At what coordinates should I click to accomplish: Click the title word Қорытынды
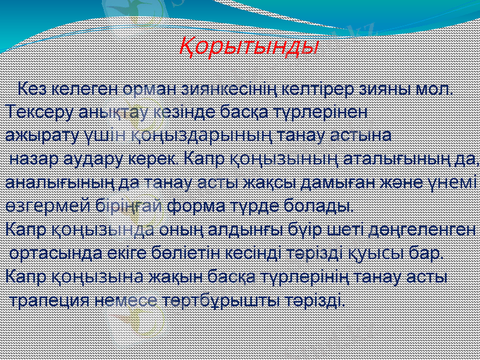249,46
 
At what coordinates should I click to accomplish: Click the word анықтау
112,113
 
